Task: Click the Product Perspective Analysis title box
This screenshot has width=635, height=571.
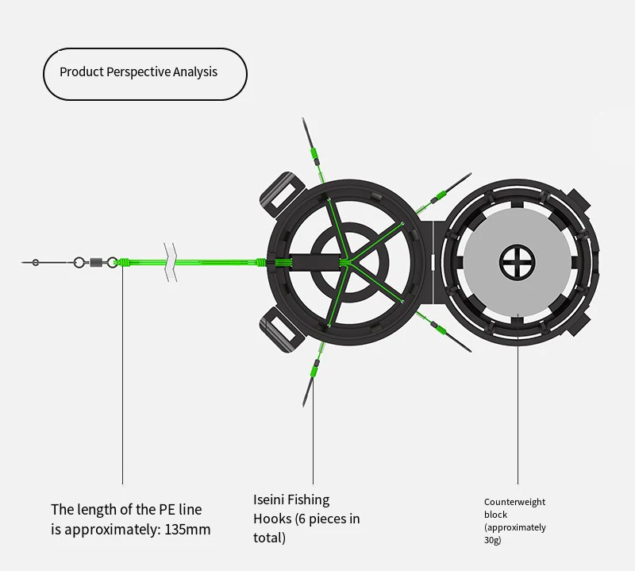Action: (144, 73)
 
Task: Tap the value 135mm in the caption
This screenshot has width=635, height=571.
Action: (187, 529)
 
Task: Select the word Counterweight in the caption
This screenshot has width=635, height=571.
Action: (514, 502)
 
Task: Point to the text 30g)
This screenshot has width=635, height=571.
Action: (493, 540)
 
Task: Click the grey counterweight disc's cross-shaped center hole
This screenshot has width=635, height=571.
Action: (518, 262)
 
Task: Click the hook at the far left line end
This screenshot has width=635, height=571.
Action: (35, 262)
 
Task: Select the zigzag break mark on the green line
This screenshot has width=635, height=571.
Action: (170, 262)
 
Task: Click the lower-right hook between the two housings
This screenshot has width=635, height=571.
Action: (450, 335)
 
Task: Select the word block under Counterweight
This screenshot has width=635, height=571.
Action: (495, 515)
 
